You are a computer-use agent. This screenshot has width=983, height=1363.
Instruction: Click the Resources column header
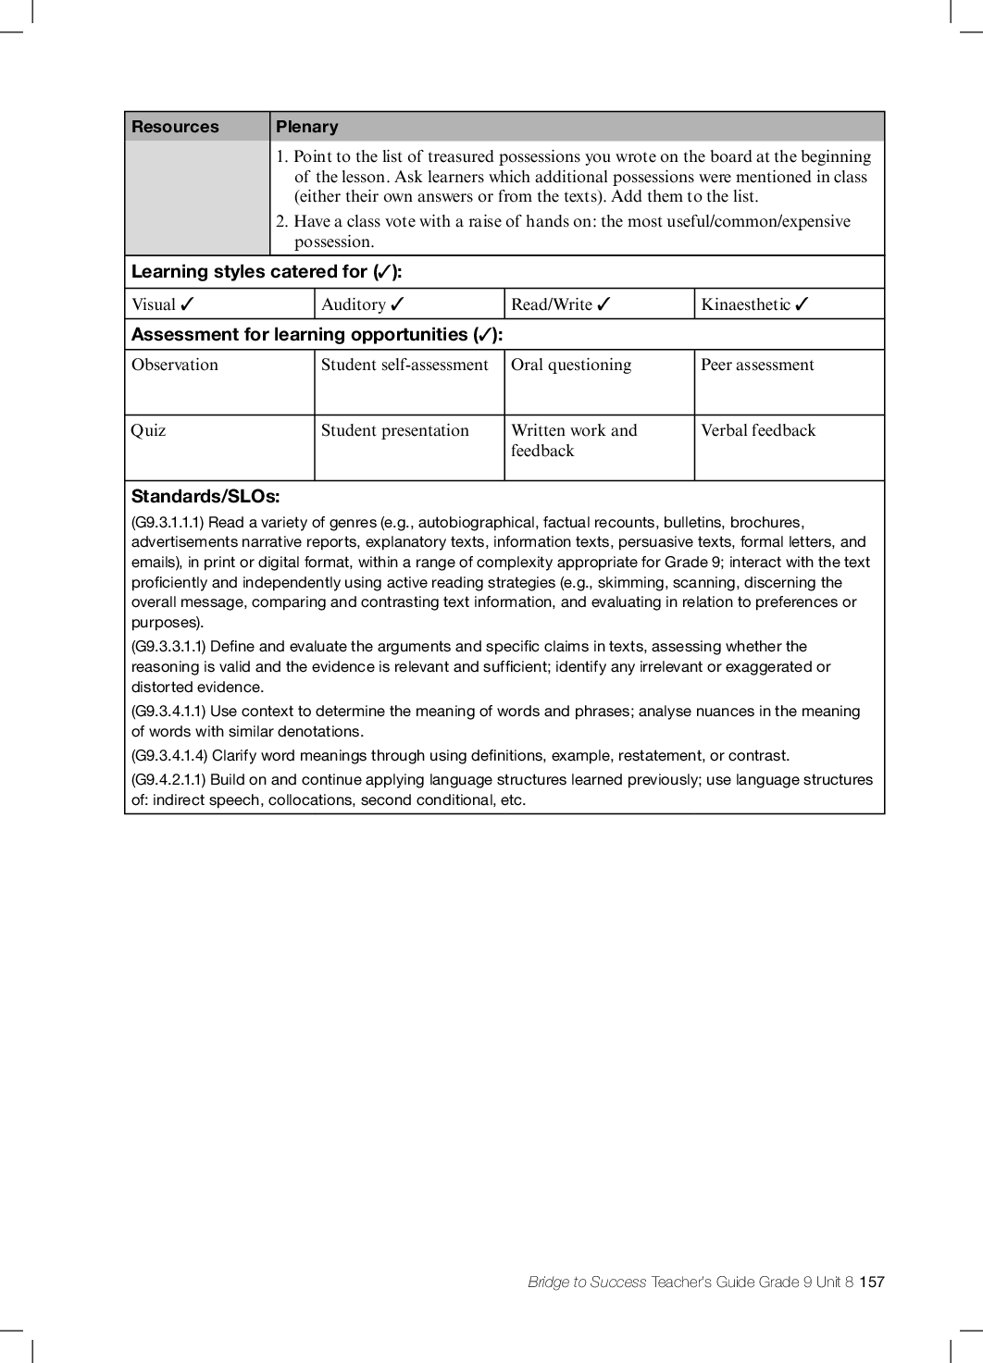point(175,127)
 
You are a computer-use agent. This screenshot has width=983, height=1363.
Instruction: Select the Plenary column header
point(307,127)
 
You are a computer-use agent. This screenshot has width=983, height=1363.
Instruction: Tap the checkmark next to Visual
point(187,304)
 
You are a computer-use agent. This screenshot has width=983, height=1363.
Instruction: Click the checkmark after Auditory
point(397,304)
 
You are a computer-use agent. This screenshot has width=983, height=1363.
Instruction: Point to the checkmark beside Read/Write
point(603,304)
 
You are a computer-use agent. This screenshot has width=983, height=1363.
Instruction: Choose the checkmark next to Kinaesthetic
point(802,304)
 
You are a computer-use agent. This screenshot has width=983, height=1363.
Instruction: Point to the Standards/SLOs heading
point(205,496)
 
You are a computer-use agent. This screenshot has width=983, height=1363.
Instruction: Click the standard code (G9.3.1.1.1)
point(168,523)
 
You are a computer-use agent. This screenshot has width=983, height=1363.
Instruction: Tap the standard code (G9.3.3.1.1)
point(168,647)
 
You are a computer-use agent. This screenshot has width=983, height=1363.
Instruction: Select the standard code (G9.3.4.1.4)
point(169,756)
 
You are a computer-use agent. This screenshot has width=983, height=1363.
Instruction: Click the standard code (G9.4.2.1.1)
point(168,780)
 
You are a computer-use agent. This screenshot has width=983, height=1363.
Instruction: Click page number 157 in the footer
point(872,1282)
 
